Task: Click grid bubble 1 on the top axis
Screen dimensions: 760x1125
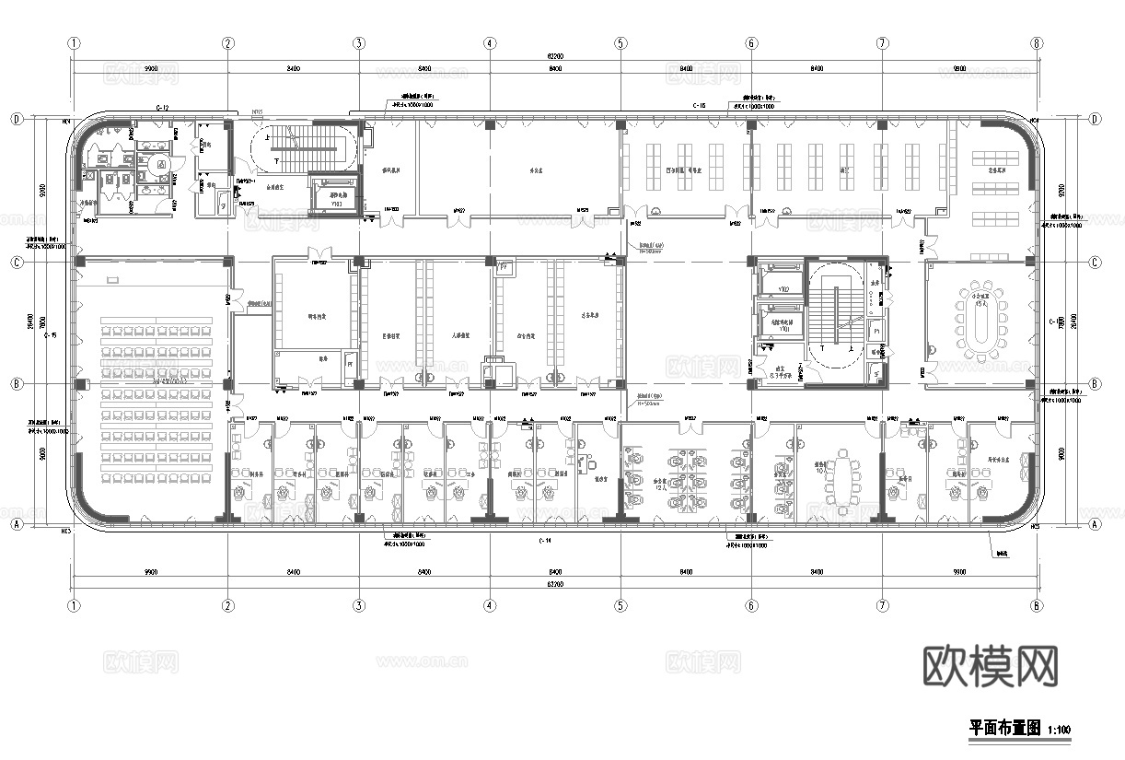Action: (74, 43)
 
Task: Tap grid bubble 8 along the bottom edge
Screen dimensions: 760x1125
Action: (1037, 606)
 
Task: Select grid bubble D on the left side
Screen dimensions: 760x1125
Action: (16, 120)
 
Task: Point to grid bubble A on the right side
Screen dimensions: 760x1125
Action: (1095, 524)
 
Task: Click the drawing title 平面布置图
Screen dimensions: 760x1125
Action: (1004, 728)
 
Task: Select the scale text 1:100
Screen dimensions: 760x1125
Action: (1058, 731)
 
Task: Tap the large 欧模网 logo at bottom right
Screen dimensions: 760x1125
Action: (990, 665)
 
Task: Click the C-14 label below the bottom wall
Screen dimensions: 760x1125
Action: (545, 541)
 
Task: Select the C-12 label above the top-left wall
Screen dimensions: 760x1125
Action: (162, 108)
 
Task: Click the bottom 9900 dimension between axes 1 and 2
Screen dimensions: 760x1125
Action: (151, 572)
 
